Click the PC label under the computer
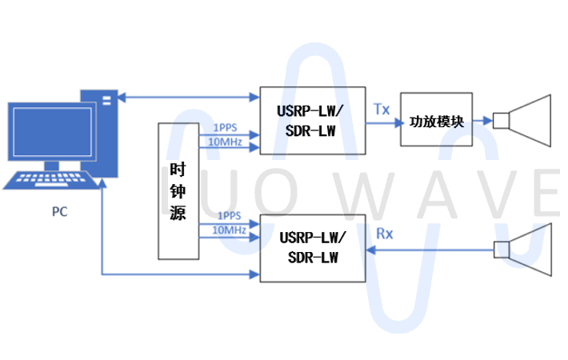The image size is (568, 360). (59, 212)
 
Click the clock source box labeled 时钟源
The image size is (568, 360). (178, 191)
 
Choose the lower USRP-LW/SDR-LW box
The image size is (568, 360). (312, 248)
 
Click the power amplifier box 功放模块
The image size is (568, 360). (436, 122)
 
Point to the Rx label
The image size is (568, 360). (384, 234)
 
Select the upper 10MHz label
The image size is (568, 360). (227, 142)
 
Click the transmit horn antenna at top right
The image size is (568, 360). (525, 122)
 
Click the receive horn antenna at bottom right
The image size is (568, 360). (525, 249)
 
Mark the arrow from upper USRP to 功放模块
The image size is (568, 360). (382, 122)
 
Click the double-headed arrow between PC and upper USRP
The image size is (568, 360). (189, 98)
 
